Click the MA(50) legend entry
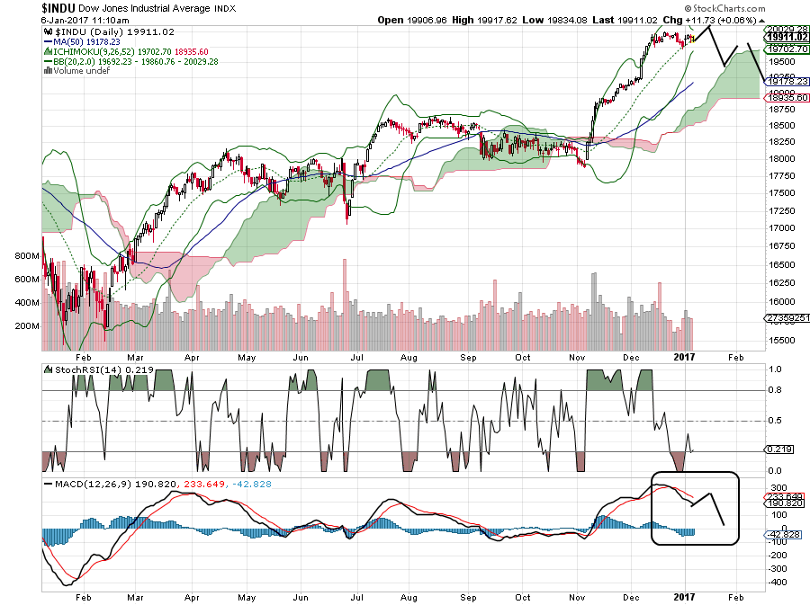coord(89,42)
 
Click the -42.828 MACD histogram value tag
coord(780,536)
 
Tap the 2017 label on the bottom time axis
coord(686,597)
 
